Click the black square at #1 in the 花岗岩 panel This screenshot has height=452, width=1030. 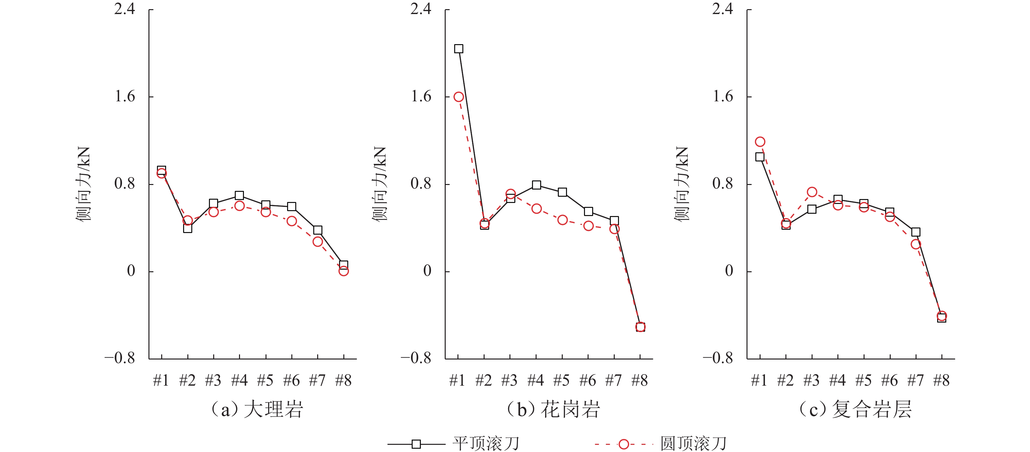(x=459, y=49)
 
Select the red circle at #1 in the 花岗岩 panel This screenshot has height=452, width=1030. (x=459, y=97)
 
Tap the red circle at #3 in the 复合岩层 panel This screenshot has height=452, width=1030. (x=812, y=192)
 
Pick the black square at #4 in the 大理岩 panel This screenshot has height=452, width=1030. (x=239, y=195)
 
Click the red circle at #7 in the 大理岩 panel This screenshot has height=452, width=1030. (x=318, y=242)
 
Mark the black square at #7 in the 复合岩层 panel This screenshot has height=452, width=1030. (x=916, y=232)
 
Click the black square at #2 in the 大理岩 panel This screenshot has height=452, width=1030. (x=188, y=228)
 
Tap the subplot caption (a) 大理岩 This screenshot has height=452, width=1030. (x=257, y=410)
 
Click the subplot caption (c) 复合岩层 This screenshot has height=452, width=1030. (x=855, y=410)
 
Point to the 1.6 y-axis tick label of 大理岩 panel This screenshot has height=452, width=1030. (x=125, y=96)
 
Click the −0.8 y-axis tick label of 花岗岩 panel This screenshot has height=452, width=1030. (x=416, y=358)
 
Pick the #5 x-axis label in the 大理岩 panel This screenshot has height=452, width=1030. (x=266, y=380)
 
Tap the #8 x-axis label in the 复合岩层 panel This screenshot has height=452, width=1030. (x=941, y=380)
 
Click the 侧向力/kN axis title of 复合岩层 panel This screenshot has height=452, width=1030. (x=682, y=183)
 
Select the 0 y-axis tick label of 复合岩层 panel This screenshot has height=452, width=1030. (x=729, y=271)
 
